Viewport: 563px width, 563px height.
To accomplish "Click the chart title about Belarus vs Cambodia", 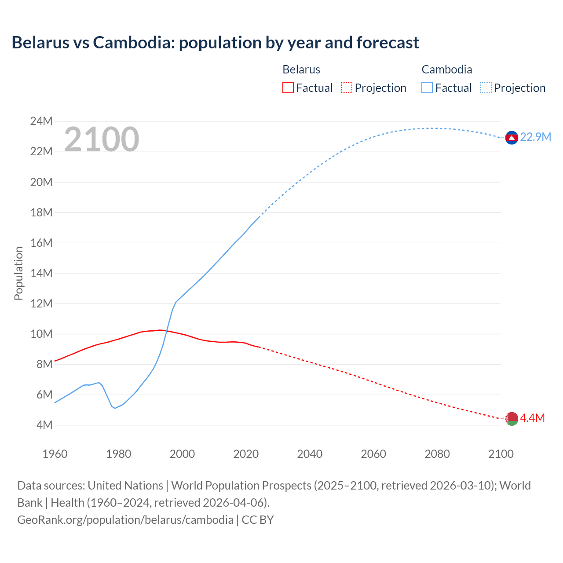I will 215,43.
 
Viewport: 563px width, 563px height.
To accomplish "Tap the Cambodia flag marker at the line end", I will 511,138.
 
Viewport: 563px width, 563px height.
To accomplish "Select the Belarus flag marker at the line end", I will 511,419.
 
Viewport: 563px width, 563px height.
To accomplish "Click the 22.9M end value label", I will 535,137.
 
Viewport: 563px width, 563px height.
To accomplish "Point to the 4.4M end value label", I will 532,418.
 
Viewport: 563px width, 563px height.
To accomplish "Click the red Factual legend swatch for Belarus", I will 288,88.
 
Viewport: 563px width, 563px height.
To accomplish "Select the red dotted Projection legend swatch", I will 347,88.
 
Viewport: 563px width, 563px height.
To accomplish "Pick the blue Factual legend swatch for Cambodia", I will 427,88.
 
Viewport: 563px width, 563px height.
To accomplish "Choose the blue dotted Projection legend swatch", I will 486,88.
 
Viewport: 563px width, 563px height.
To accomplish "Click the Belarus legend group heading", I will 301,69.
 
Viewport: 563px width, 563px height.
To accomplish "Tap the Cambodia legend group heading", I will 447,69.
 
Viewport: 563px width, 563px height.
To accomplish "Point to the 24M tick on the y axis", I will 41,121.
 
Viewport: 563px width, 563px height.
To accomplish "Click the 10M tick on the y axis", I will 41,334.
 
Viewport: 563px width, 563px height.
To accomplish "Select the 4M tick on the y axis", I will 44,425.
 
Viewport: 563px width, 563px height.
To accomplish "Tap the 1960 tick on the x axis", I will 55,454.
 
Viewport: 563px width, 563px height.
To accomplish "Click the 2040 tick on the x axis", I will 310,454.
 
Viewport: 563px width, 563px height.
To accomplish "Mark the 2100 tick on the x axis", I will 501,454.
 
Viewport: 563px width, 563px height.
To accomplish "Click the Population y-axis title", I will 18,273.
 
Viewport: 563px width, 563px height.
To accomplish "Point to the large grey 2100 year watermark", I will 102,139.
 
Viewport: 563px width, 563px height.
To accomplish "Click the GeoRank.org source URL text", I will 125,520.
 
